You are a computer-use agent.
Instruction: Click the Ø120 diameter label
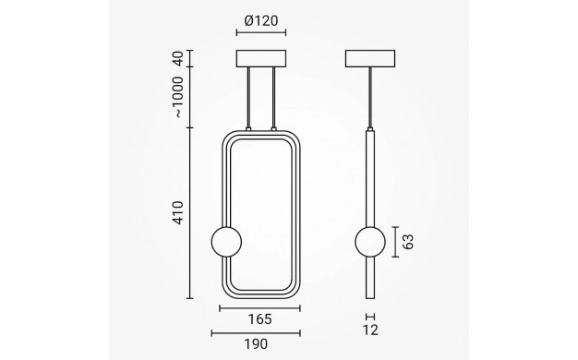point(261,20)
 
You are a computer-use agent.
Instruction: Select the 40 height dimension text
point(177,58)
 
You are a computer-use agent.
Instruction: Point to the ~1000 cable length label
point(177,97)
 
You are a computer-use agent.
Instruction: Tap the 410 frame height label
point(177,212)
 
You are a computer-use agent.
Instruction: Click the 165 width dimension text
point(259,319)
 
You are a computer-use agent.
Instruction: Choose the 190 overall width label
point(256,344)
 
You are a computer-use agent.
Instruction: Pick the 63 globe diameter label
point(408,242)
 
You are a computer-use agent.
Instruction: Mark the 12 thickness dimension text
point(370,330)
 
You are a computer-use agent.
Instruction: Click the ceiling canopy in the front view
point(261,58)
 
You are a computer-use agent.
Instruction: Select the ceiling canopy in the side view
point(370,58)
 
